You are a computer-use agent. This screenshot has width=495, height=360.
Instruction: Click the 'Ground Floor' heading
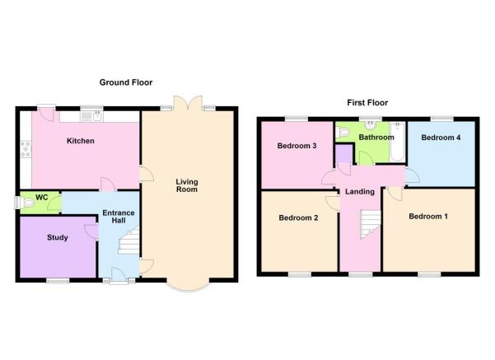click(x=126, y=82)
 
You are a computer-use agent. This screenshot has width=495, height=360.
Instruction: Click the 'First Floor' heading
click(x=367, y=103)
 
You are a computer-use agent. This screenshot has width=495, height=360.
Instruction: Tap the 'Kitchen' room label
click(x=80, y=141)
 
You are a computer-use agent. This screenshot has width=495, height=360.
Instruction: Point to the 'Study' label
click(x=57, y=238)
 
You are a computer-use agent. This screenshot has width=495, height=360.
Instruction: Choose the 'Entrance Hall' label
click(x=118, y=219)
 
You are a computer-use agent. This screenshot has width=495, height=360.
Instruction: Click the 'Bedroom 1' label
click(x=428, y=217)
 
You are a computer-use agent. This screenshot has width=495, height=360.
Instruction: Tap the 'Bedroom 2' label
click(x=297, y=218)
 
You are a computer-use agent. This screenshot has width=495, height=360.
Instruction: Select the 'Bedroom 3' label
click(x=297, y=146)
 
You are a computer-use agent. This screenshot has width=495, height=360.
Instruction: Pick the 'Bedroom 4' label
click(x=441, y=138)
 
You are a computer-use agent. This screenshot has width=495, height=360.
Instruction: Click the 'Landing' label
click(x=360, y=192)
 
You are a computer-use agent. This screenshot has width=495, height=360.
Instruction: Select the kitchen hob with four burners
click(x=26, y=149)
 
